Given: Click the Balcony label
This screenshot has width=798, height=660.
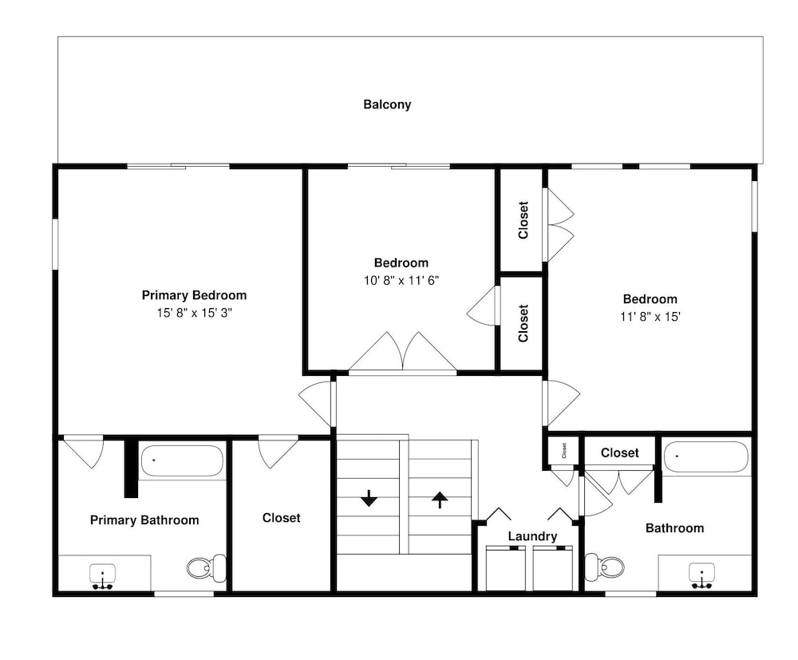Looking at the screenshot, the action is pyautogui.click(x=387, y=105).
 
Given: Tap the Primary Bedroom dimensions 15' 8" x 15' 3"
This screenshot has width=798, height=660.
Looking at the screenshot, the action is pyautogui.click(x=194, y=313).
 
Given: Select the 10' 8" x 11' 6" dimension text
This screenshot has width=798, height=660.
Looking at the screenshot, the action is pyautogui.click(x=401, y=280).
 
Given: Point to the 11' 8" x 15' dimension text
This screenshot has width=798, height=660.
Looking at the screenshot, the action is pyautogui.click(x=650, y=317).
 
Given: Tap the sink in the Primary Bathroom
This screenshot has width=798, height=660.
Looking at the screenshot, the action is pyautogui.click(x=103, y=576).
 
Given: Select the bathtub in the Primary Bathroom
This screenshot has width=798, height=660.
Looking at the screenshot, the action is pyautogui.click(x=182, y=461).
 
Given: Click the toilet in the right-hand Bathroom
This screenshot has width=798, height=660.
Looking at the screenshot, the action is pyautogui.click(x=604, y=567).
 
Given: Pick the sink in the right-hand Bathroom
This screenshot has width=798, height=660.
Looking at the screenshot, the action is pyautogui.click(x=701, y=576).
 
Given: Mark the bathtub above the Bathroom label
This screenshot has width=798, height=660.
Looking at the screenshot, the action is pyautogui.click(x=706, y=457).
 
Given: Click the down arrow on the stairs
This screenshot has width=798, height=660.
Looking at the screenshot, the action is pyautogui.click(x=369, y=498).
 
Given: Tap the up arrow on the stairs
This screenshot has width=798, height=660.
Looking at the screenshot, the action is pyautogui.click(x=440, y=500).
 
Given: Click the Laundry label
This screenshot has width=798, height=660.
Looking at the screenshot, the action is pyautogui.click(x=532, y=536).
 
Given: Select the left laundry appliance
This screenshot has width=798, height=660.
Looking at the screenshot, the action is pyautogui.click(x=506, y=568).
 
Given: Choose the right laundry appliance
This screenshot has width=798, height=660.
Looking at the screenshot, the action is pyautogui.click(x=553, y=568).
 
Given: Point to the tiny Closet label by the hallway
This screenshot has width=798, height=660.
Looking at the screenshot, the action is pyautogui.click(x=564, y=450).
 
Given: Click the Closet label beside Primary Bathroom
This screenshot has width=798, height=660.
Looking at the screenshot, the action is pyautogui.click(x=281, y=518).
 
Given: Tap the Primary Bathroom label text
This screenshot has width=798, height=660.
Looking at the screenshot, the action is pyautogui.click(x=144, y=520).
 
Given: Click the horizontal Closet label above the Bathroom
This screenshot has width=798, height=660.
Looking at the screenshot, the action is pyautogui.click(x=619, y=453).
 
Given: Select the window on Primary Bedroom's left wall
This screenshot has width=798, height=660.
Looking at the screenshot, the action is pyautogui.click(x=56, y=244).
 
